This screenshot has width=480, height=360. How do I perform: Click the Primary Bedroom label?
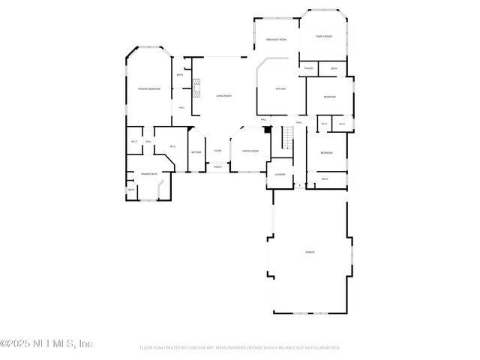point(148,89)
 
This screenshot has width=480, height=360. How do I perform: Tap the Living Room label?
point(223,96)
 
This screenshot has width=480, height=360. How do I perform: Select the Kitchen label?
point(280,89)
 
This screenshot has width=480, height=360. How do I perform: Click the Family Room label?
point(324,36)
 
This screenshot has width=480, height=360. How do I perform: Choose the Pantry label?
point(308,69)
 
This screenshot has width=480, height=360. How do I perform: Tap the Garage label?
point(309,252)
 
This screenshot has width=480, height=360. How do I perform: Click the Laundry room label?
point(279,175)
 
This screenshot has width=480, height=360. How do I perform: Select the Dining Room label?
point(250,151)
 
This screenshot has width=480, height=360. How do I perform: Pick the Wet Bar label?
point(196,152)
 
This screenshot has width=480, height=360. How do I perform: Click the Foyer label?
point(217,151)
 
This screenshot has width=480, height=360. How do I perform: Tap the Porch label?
point(217,167)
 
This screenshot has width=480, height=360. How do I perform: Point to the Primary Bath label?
point(149,174)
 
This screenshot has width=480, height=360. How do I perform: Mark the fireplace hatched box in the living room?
point(197,88)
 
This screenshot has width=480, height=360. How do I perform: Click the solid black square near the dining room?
point(265,130)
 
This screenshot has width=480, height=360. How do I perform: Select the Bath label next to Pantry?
point(334,69)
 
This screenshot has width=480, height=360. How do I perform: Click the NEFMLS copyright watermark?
point(46,343)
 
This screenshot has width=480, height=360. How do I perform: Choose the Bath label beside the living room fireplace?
point(180,75)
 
